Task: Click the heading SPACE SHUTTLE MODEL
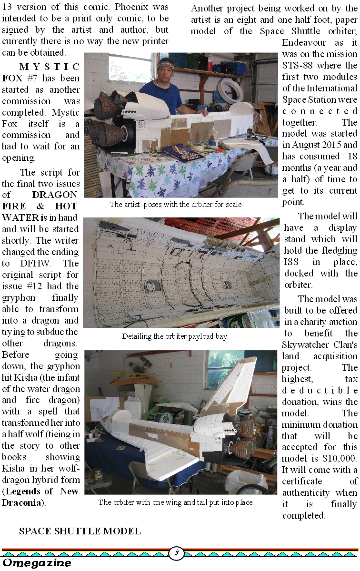click(80, 531)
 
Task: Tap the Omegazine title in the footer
click(37, 563)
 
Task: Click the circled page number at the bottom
click(177, 552)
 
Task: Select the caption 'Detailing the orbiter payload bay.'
click(175, 336)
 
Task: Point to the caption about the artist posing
click(176, 205)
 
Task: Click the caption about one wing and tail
click(176, 502)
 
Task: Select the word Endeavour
click(304, 42)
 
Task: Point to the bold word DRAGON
click(55, 195)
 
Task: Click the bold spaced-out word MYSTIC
click(50, 67)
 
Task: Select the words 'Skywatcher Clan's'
click(320, 345)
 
